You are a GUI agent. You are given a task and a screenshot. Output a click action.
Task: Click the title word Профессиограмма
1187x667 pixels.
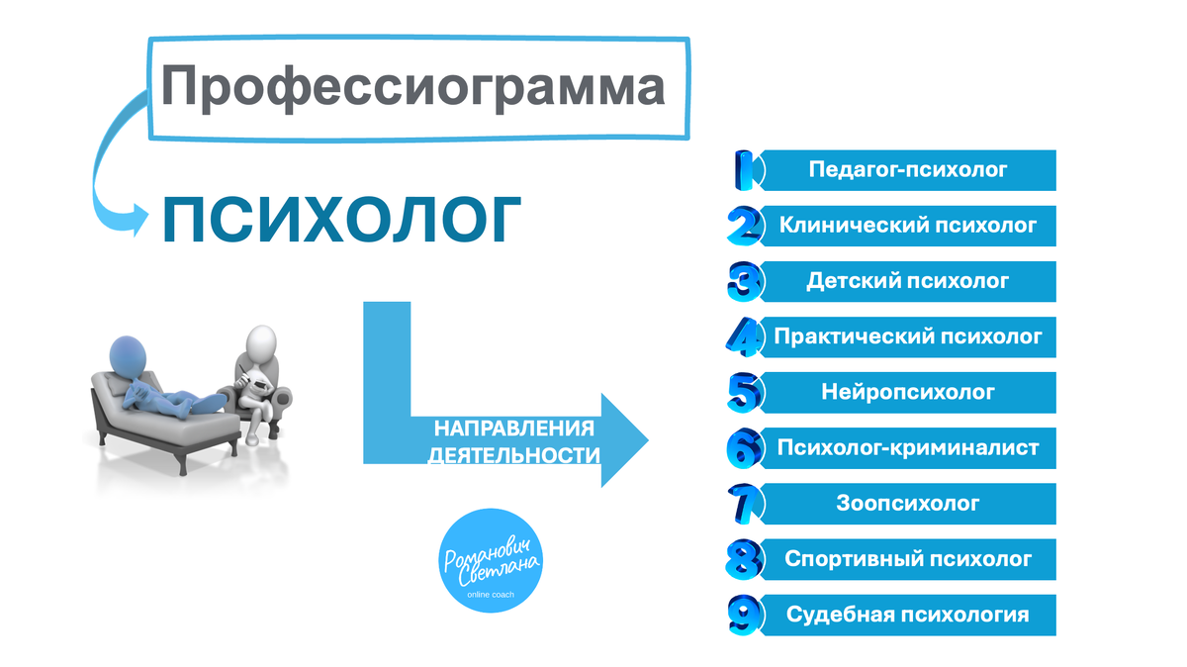[x=412, y=87]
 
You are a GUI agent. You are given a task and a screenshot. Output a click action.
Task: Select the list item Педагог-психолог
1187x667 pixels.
[x=908, y=170]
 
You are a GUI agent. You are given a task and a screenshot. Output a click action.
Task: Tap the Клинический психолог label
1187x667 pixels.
[x=908, y=226]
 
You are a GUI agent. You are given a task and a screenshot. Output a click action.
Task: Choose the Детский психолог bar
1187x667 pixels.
[x=908, y=281]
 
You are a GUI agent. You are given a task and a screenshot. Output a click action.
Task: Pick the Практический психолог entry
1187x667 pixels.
[x=908, y=336]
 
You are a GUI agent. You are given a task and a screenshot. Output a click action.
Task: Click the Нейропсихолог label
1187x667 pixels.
[x=908, y=392]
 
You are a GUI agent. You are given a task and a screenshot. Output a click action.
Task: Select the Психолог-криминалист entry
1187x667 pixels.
[x=908, y=448]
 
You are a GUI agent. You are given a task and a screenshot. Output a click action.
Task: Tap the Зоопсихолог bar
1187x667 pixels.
[x=908, y=504]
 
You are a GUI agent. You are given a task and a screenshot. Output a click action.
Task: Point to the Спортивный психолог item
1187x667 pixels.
[x=908, y=559]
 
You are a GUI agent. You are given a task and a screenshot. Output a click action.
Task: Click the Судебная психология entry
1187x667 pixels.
[x=908, y=615]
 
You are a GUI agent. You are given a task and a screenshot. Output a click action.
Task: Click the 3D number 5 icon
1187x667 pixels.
[x=744, y=393]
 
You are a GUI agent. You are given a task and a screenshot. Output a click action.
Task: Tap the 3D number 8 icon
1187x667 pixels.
[x=744, y=560]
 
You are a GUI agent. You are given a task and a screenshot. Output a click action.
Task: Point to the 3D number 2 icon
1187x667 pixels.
[x=744, y=227]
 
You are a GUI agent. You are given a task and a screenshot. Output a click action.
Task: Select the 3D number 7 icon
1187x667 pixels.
[x=744, y=504]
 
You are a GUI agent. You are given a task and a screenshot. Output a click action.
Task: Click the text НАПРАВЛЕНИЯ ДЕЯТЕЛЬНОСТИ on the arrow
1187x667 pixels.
[x=514, y=442]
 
